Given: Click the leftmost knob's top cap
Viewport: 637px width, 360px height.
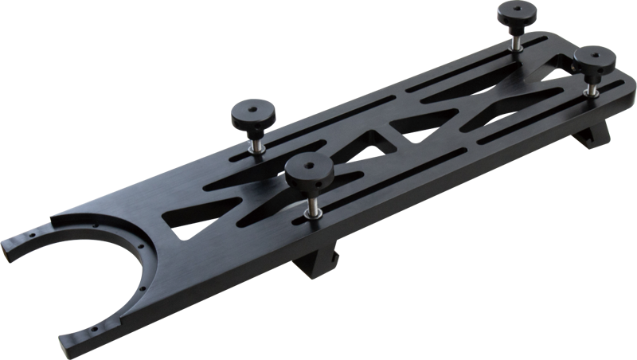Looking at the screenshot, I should (251, 114).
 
